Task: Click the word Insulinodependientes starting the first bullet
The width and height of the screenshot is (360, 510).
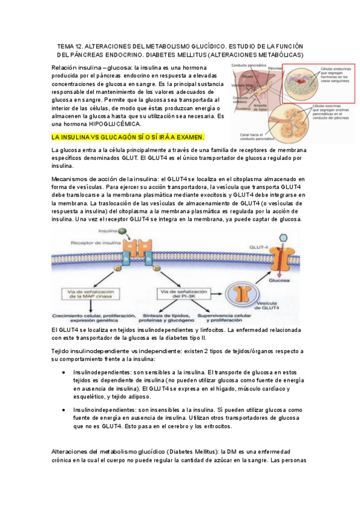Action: tap(100, 373)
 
